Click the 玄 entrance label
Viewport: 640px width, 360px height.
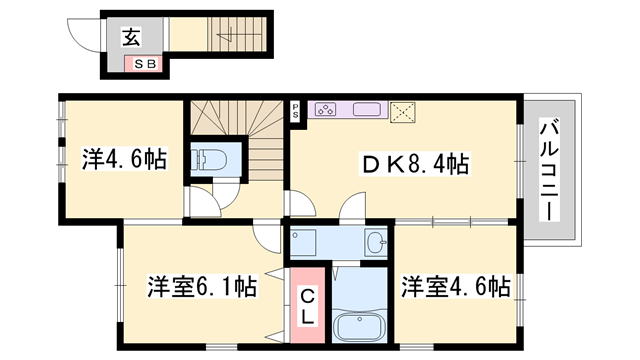tap(132, 39)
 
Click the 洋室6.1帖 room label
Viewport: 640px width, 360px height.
tap(203, 287)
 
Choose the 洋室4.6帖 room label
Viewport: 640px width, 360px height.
tap(456, 287)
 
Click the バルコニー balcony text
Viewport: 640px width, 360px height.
tap(549, 170)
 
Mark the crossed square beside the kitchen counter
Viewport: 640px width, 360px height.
tap(404, 111)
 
